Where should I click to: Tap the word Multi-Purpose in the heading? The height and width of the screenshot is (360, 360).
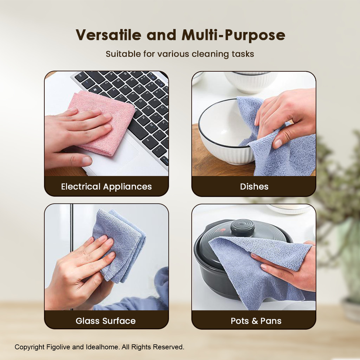click(233, 36)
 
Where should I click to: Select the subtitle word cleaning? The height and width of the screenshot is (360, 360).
click(210, 54)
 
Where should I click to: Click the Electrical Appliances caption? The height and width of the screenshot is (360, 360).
click(106, 187)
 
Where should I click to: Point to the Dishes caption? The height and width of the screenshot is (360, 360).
click(254, 186)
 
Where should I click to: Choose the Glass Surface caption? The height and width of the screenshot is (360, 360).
click(105, 321)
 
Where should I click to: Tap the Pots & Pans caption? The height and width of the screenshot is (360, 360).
click(256, 321)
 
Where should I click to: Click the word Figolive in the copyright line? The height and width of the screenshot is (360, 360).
click(58, 347)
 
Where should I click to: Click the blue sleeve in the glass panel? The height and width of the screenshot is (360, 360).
click(142, 296)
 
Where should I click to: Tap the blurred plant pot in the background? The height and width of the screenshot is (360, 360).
click(351, 308)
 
